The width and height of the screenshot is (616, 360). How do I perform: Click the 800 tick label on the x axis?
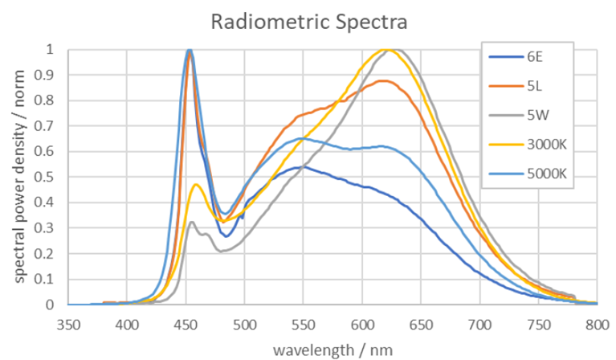pyautogui.click(x=598, y=325)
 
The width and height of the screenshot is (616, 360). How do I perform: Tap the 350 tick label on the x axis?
pyautogui.click(x=69, y=325)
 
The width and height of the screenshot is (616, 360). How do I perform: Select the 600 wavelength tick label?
pyautogui.click(x=362, y=325)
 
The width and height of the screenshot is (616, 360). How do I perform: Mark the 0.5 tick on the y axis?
pyautogui.click(x=49, y=177)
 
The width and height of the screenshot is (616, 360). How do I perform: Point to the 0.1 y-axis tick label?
pyautogui.click(x=49, y=279)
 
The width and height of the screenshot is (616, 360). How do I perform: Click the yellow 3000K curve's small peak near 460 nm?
pyautogui.click(x=196, y=185)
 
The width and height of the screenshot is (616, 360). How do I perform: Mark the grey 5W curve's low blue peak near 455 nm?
pyautogui.click(x=191, y=223)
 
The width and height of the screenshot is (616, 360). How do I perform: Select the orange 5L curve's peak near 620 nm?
pyautogui.click(x=384, y=80)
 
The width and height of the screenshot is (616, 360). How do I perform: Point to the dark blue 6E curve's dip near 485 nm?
pyautogui.click(x=227, y=236)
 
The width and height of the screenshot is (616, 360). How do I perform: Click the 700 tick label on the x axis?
pyautogui.click(x=480, y=325)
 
